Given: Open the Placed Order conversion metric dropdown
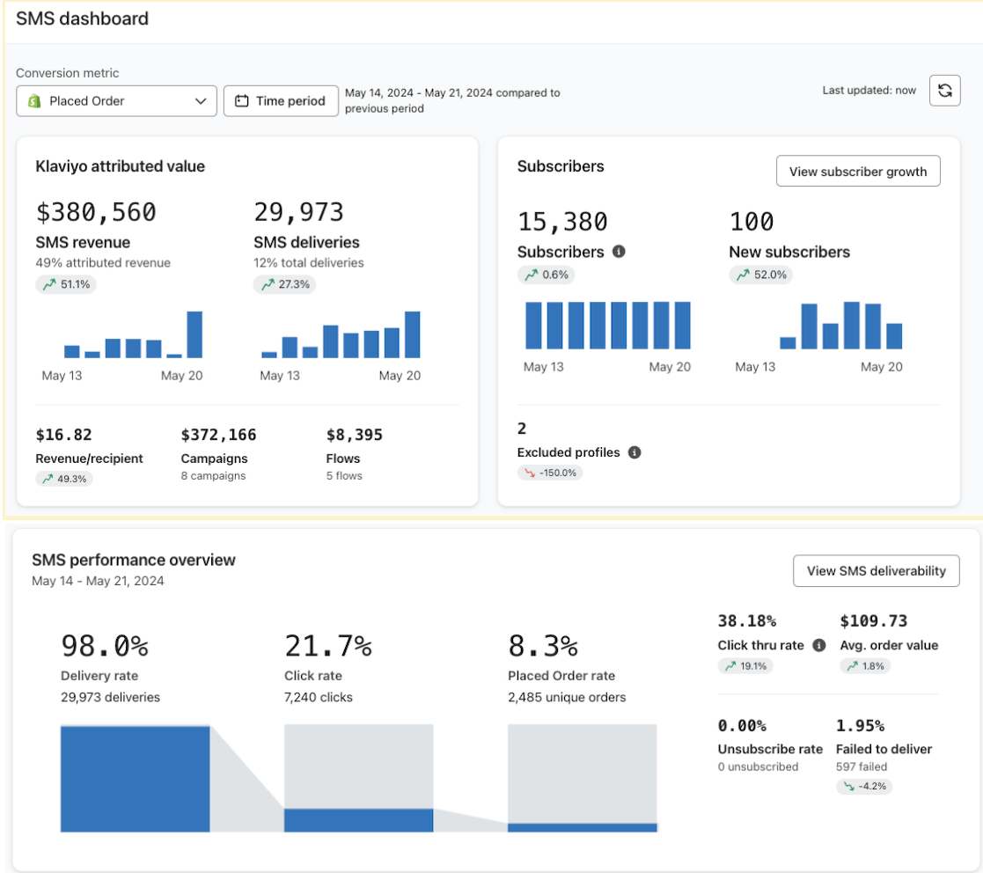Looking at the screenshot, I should [x=116, y=101].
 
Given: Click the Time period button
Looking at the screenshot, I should [x=281, y=101].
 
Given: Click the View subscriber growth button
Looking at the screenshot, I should [x=857, y=172].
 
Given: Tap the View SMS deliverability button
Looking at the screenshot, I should [x=876, y=571].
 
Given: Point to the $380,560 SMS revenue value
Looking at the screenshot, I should [x=96, y=213].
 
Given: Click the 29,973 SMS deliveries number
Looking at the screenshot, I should [x=298, y=213].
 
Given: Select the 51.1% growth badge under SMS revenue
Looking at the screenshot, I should [x=66, y=284].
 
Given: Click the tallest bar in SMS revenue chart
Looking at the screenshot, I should [x=194, y=334].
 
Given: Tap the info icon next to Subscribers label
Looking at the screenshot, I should [x=619, y=252].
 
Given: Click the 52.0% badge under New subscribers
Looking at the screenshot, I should [x=760, y=275].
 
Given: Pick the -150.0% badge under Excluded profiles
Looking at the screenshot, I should [x=550, y=473].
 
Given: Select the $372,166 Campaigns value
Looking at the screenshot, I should [x=218, y=435].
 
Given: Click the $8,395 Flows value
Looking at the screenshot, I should [x=355, y=435].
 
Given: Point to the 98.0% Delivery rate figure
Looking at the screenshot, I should [x=105, y=646].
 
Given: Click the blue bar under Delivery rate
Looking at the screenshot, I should [x=135, y=779].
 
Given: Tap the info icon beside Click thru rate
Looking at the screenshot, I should [x=819, y=645].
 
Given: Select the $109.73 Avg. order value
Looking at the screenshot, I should [x=873, y=621].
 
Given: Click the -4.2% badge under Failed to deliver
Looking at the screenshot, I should [x=864, y=787].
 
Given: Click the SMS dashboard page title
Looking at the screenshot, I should [x=82, y=18].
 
